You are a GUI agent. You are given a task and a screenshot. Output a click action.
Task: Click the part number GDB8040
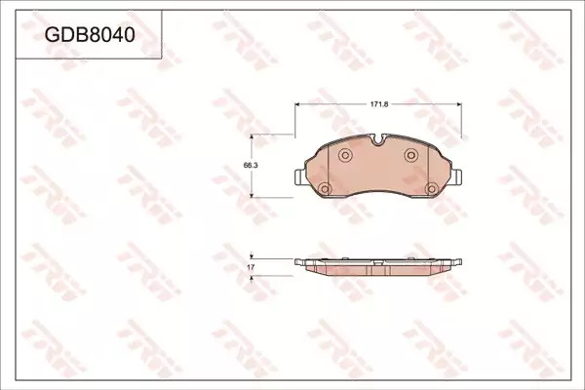[x=90, y=35]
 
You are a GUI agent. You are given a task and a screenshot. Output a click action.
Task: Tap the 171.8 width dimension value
[x=379, y=104]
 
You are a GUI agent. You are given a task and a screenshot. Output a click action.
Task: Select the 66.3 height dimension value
[x=251, y=166]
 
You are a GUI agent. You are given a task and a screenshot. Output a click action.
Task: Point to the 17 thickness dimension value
[x=251, y=267]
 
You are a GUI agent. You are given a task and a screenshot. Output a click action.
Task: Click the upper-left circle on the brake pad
[x=345, y=155]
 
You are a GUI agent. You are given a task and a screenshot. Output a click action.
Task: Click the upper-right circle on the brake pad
[x=411, y=154]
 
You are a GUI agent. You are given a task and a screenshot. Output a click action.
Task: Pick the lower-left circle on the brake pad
[x=325, y=189]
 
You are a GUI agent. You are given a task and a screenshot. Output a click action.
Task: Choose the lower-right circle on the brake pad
[x=432, y=189]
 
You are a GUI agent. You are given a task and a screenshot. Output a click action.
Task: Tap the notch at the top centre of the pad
[x=378, y=139]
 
